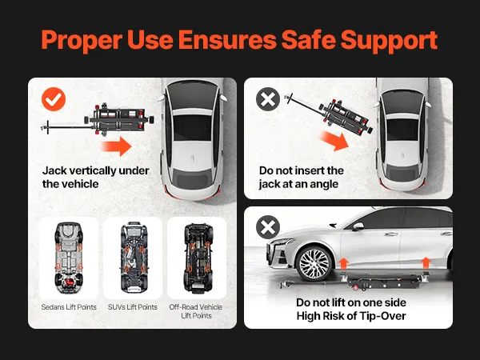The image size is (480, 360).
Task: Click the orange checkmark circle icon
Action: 54,99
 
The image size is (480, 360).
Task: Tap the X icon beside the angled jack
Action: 268,99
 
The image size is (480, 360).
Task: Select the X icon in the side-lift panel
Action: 268,227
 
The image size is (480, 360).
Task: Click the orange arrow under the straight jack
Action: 116,146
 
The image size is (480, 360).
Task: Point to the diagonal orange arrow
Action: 334,141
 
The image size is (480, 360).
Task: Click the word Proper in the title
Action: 82,41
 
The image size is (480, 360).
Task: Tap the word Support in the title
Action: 389,41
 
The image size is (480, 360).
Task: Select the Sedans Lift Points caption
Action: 69,307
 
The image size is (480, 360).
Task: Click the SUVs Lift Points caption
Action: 133,307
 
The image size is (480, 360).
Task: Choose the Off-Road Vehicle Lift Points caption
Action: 196,311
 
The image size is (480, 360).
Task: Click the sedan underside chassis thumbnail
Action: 69,258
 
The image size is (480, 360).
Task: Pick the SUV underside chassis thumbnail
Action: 133,257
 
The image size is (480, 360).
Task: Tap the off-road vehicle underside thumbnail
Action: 197,258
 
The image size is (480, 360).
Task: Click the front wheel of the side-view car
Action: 314,263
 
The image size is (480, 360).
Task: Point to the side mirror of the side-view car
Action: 358,226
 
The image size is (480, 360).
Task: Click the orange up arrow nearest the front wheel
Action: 344,263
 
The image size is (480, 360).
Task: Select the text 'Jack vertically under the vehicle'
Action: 95,178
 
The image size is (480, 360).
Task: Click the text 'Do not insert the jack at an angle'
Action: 302,178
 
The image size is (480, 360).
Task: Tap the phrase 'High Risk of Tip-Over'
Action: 351,316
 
